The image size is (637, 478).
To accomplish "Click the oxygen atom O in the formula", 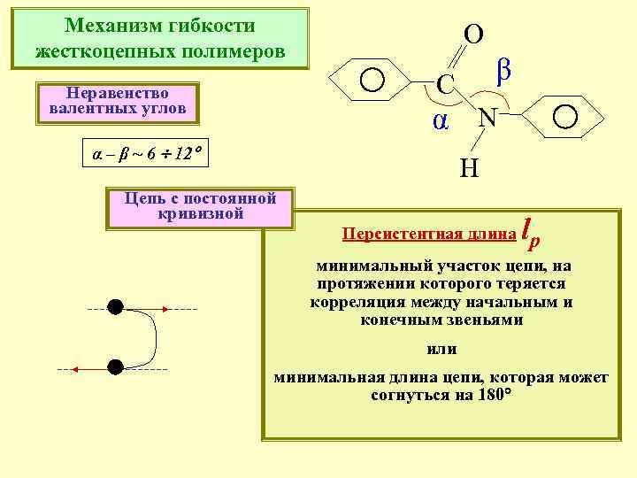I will pos(473,35).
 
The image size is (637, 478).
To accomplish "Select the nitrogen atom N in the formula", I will pos(487,117).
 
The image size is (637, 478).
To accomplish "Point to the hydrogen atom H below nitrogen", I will pos(469,166).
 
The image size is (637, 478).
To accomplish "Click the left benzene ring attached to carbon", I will pos(372,81).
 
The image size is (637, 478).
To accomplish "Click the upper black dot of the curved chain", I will pos(115,307).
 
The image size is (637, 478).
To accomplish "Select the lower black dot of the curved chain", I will pos(115,366).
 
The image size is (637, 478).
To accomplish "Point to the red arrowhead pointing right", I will pos(165,308).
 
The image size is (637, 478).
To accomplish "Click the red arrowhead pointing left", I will pos(74,367).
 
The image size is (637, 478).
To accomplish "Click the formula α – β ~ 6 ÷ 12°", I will pos(142,153).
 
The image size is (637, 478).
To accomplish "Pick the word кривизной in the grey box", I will pos(199,213).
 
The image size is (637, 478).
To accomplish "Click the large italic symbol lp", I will pos(531,231).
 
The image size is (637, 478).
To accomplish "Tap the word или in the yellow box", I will pos(441,349).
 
